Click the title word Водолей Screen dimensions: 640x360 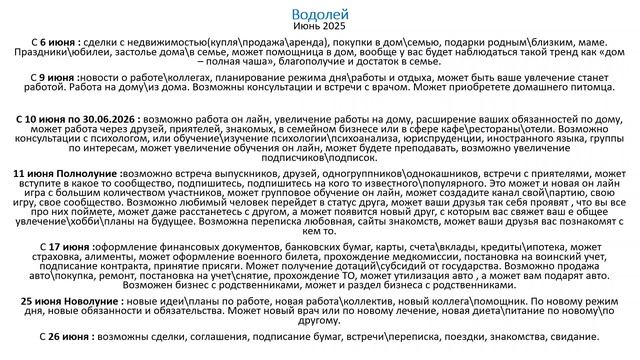[x=319, y=15]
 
